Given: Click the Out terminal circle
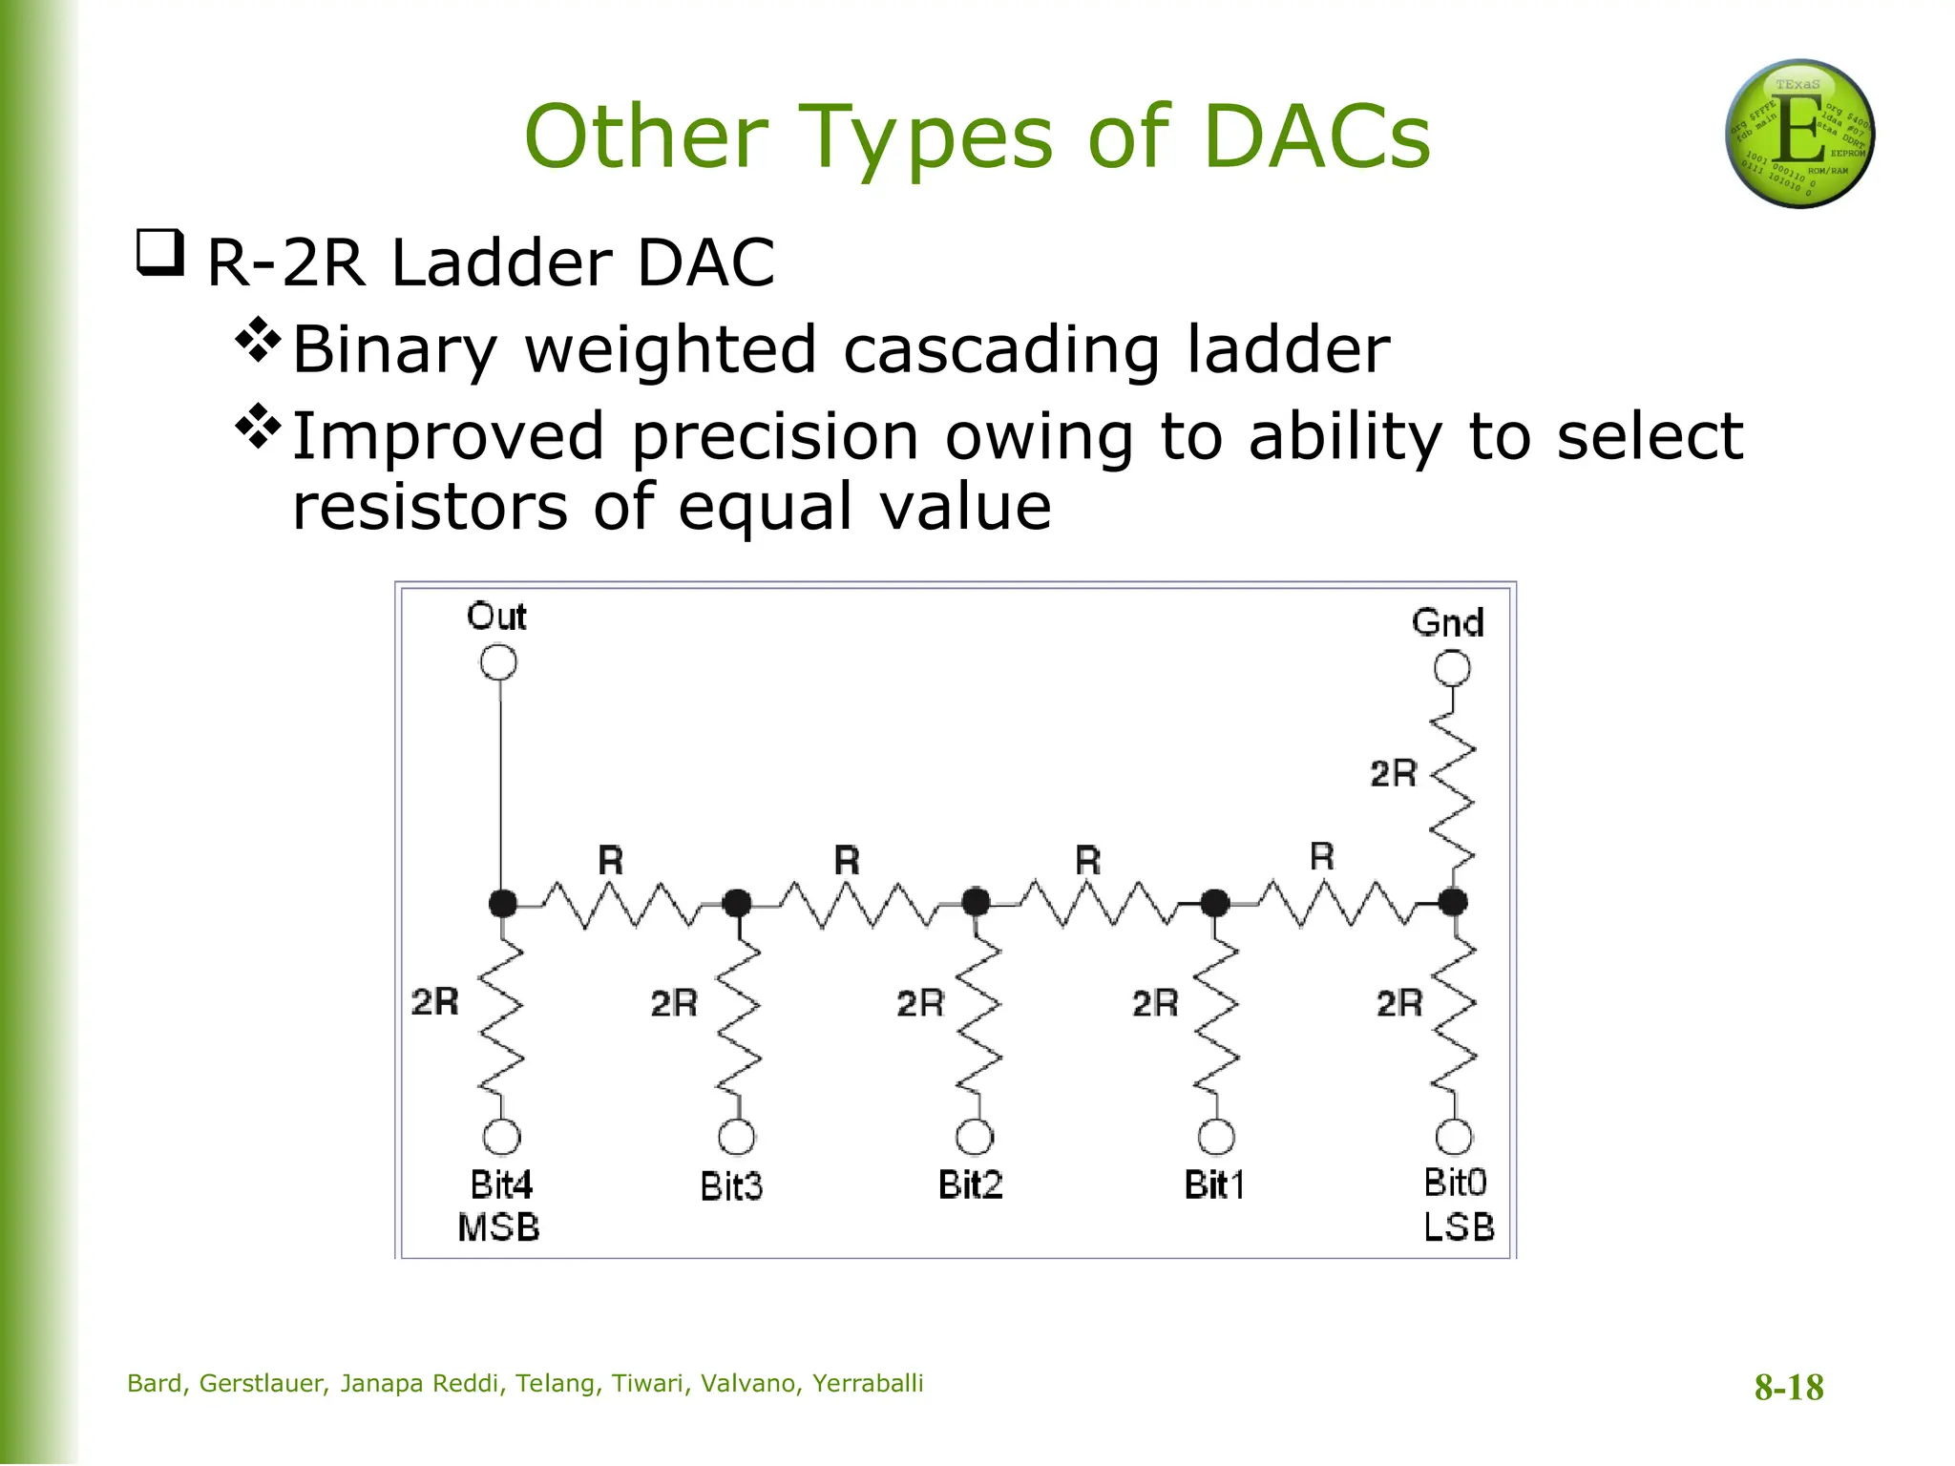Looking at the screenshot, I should click(x=498, y=662).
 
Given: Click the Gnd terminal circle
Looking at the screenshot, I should click(x=1452, y=668).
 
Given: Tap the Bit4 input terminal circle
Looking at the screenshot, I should click(x=502, y=1137).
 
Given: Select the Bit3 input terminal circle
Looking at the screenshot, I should click(x=736, y=1137).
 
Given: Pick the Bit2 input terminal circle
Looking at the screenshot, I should click(x=975, y=1137).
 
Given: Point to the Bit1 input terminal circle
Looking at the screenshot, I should click(x=1215, y=1137).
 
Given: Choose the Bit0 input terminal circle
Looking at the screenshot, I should click(x=1454, y=1137).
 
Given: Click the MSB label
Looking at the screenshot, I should click(x=498, y=1227).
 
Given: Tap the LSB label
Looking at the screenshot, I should click(x=1459, y=1227).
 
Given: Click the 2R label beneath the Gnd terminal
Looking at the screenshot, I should click(x=1394, y=773).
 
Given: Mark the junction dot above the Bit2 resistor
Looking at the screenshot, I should click(x=976, y=902).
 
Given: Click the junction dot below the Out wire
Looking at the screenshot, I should click(x=502, y=902).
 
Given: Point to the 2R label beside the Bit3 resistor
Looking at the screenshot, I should click(x=674, y=1003).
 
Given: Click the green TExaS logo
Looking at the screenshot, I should click(x=1799, y=134).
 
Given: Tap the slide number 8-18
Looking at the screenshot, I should click(x=1789, y=1387).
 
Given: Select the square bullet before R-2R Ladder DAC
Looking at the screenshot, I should click(x=159, y=252).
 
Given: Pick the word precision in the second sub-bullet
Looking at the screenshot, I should click(x=775, y=436).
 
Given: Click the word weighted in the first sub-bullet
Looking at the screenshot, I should click(x=671, y=349).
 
